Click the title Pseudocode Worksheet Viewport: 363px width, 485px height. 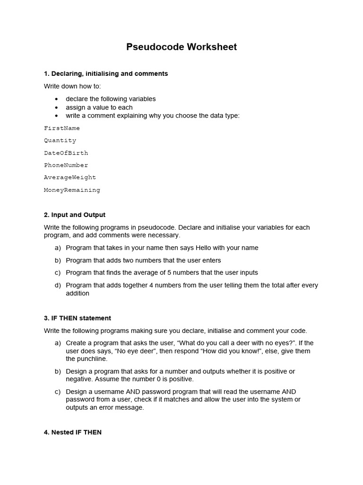tap(181, 47)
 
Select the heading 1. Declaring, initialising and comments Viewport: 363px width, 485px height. tap(106, 73)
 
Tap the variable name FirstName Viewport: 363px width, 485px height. tap(62, 128)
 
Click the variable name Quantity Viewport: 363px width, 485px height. tap(60, 141)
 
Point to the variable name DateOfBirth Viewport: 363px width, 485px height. tap(66, 153)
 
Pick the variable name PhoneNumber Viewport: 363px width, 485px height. tap(66, 165)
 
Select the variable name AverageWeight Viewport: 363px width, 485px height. tap(70, 178)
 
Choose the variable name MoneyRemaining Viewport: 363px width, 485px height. tap(72, 190)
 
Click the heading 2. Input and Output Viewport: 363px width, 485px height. tap(75, 215)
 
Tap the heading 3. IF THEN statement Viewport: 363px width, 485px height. tap(78, 318)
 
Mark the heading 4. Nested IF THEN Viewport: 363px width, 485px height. tap(73, 432)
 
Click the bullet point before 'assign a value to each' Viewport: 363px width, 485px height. tap(57, 108)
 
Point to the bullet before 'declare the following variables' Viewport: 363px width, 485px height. tap(57, 99)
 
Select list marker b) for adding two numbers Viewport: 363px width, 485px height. tap(58, 260)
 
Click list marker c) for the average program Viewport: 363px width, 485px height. tap(58, 273)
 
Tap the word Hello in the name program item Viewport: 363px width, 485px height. tap(199, 248)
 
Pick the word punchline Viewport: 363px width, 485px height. tap(93, 359)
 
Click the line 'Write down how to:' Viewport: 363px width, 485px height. tap(72, 86)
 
